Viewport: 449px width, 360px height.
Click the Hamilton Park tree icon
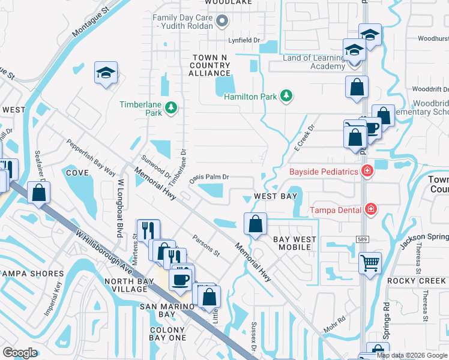pos(287,96)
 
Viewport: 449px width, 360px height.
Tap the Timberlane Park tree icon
pos(172,107)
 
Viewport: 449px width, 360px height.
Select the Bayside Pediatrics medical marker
pos(367,172)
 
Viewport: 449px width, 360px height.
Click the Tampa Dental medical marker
pos(371,209)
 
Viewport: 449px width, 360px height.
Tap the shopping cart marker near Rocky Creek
pos(370,262)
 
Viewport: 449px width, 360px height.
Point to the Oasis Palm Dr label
pos(209,178)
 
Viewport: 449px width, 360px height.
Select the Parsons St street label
pos(206,244)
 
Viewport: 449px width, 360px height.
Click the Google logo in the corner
pos(20,353)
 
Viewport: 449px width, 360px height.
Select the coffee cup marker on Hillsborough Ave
pos(181,278)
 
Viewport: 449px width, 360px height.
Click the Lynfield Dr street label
pos(247,40)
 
